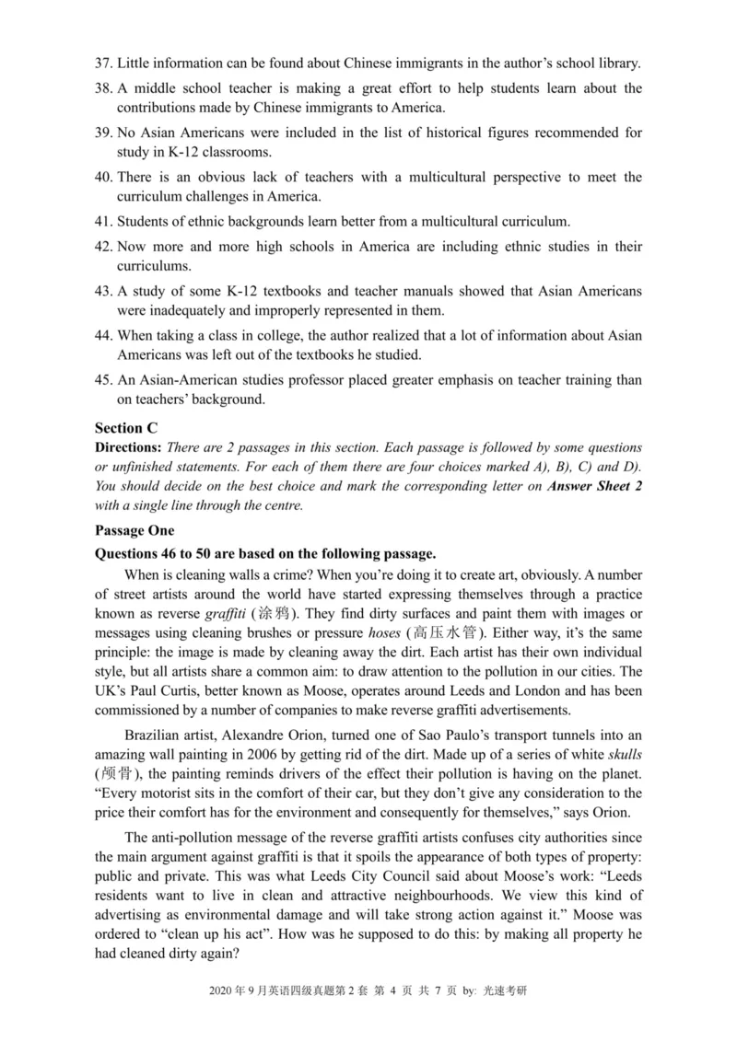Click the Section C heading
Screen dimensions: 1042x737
[x=126, y=428]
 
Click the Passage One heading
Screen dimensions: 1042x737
[x=134, y=531]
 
